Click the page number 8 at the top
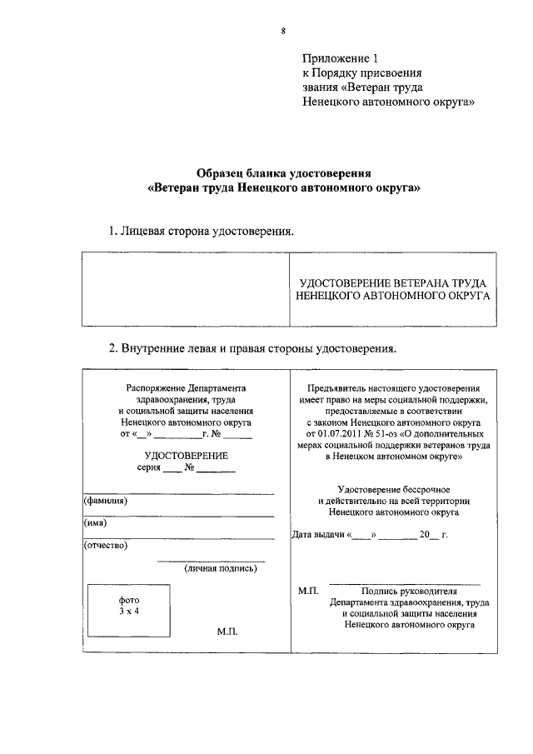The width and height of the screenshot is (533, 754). pos(283,31)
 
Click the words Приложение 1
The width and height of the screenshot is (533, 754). pos(340,59)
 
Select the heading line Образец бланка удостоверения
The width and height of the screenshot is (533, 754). pos(283,173)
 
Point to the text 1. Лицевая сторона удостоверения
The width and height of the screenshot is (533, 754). pos(202,231)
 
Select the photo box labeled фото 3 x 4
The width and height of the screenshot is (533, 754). pos(129,606)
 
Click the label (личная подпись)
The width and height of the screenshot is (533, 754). pos(221,568)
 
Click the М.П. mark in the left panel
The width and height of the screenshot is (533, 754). pos(227,632)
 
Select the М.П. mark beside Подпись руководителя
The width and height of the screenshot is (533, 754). pos(308,590)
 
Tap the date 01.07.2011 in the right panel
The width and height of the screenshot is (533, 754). pos(331,434)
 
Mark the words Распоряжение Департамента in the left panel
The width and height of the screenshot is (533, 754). pos(187,388)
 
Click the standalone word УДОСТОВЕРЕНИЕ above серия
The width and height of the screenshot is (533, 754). pos(186,456)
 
